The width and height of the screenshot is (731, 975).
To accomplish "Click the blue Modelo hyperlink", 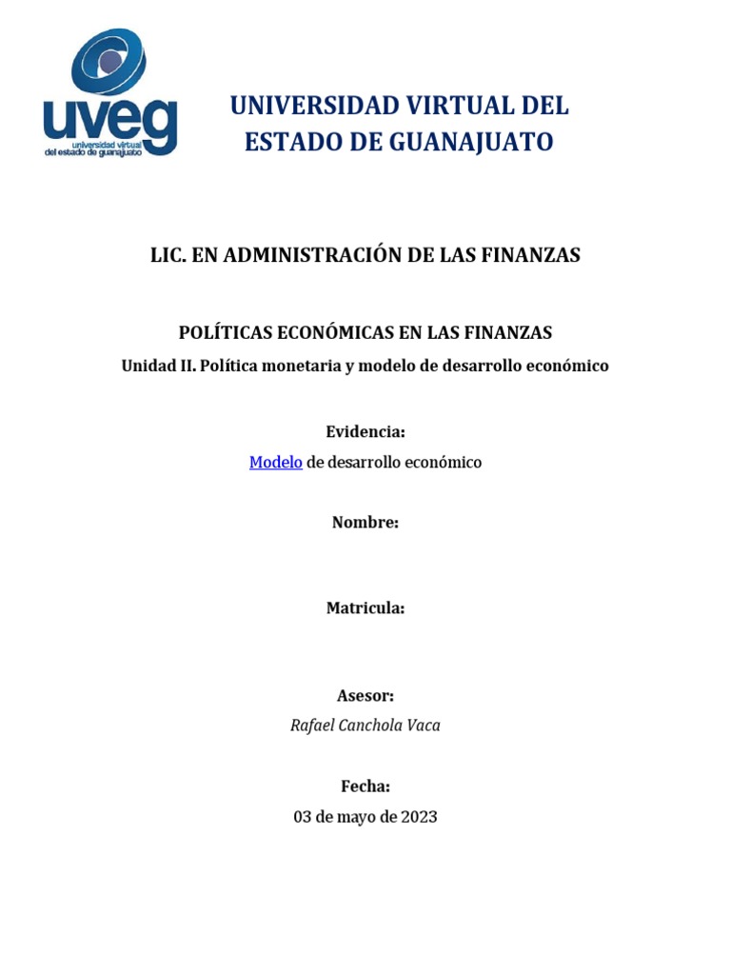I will [x=276, y=463].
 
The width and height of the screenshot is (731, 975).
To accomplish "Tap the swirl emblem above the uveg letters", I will [x=110, y=63].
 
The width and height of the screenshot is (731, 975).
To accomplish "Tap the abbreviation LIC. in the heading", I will [x=168, y=255].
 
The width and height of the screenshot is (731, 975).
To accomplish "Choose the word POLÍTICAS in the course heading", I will [x=226, y=332].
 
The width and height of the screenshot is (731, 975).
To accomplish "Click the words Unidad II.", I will [x=158, y=366].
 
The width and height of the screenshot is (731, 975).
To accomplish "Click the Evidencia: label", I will [x=365, y=432].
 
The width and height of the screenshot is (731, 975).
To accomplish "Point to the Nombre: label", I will [x=365, y=522].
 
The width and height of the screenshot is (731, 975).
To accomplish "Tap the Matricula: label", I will [x=365, y=608].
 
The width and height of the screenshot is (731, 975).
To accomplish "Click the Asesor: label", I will [x=365, y=696].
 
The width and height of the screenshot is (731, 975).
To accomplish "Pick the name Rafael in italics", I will [x=313, y=726].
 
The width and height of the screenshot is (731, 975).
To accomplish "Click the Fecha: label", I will [x=365, y=786].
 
